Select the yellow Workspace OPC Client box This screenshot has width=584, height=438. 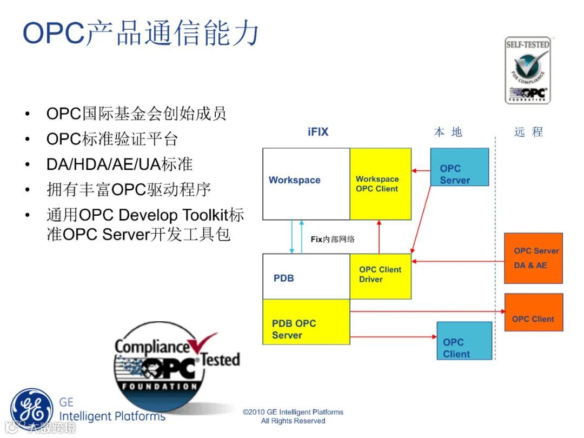[381, 184]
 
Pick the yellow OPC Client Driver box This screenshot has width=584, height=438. [381, 276]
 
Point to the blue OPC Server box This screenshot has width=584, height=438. [459, 168]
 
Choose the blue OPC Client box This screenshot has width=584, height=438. [464, 341]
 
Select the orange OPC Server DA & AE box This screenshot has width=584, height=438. [533, 258]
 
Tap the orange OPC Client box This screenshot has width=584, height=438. [533, 313]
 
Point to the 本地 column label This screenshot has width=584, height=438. [448, 132]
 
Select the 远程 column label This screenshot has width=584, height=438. [528, 132]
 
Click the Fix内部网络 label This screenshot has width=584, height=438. [333, 239]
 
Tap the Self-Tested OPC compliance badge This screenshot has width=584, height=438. [527, 70]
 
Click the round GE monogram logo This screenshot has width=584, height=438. [32, 408]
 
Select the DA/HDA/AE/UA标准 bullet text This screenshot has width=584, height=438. [120, 164]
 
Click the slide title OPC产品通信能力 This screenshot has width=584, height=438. [141, 34]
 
